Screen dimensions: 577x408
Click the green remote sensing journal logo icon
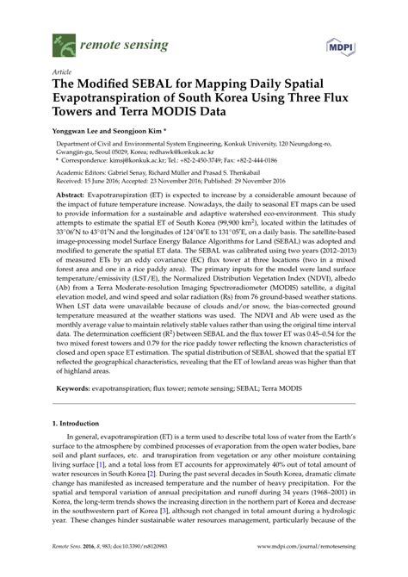point(63,40)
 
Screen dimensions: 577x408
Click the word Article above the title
point(63,72)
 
